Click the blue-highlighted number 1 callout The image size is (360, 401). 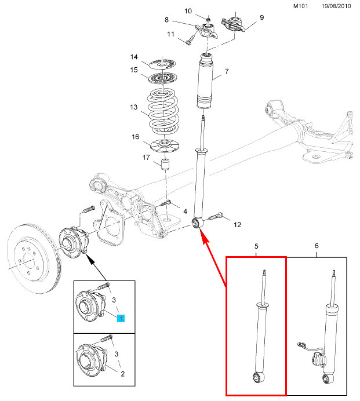(121, 318)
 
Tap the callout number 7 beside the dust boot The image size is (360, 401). (227, 71)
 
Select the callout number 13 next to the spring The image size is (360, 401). (133, 107)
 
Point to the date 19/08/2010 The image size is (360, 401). (336, 6)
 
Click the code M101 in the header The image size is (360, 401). (300, 6)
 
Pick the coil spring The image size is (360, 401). (163, 111)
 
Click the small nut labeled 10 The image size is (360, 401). (208, 19)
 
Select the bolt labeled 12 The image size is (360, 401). (216, 217)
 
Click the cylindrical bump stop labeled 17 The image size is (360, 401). (166, 164)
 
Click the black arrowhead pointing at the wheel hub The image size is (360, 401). (90, 260)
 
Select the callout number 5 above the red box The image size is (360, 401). (256, 246)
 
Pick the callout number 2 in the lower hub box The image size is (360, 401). (122, 374)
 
